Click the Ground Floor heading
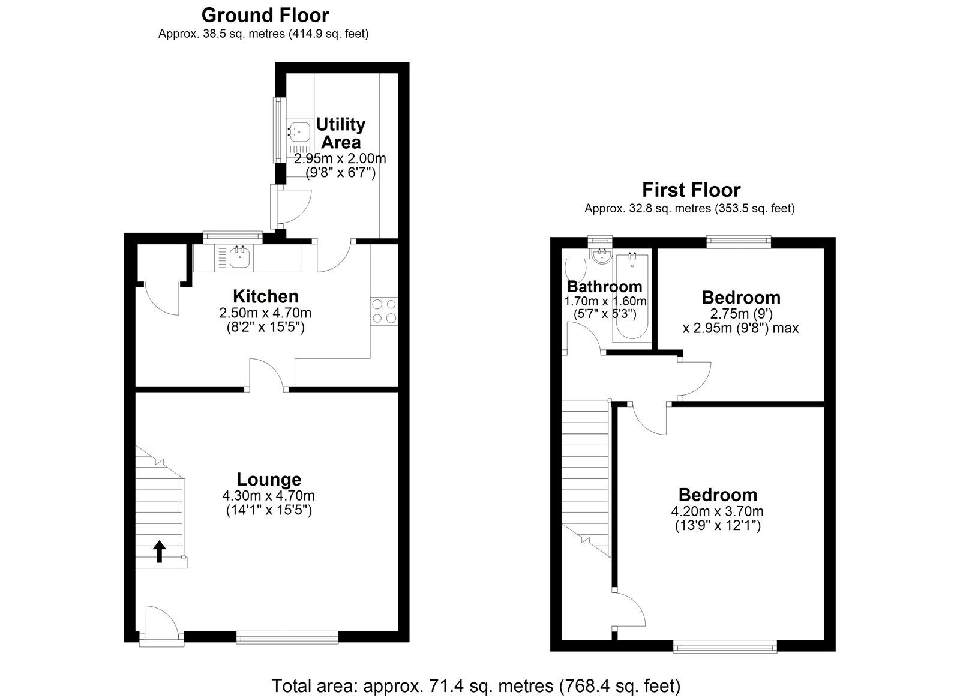tap(265, 14)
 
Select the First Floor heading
tap(691, 190)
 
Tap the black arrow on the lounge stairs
tap(160, 551)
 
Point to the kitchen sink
tap(241, 258)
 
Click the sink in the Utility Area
tap(299, 131)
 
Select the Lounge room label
tap(269, 479)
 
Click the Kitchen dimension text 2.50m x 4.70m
tap(265, 313)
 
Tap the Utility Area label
tap(340, 133)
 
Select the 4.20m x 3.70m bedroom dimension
tap(717, 511)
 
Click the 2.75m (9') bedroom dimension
tap(741, 313)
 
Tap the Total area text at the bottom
tap(476, 685)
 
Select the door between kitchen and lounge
tap(268, 375)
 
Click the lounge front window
tap(287, 637)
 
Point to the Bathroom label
tap(604, 286)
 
